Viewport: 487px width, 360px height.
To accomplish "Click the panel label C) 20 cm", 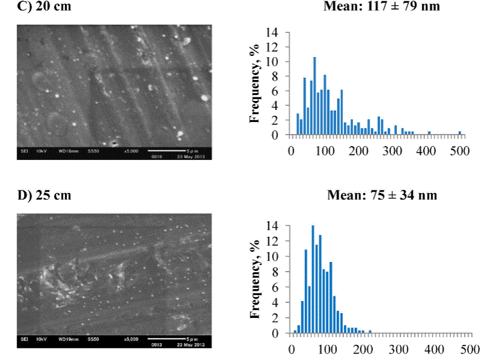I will point(35,7).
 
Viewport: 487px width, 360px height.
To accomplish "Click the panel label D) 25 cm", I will point(37,196).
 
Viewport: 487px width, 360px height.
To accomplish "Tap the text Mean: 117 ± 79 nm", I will point(390,7).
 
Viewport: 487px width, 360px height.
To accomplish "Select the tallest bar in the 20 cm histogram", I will point(314,96).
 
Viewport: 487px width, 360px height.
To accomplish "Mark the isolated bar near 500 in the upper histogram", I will point(459,133).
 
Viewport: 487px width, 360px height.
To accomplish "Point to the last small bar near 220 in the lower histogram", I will point(370,331).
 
